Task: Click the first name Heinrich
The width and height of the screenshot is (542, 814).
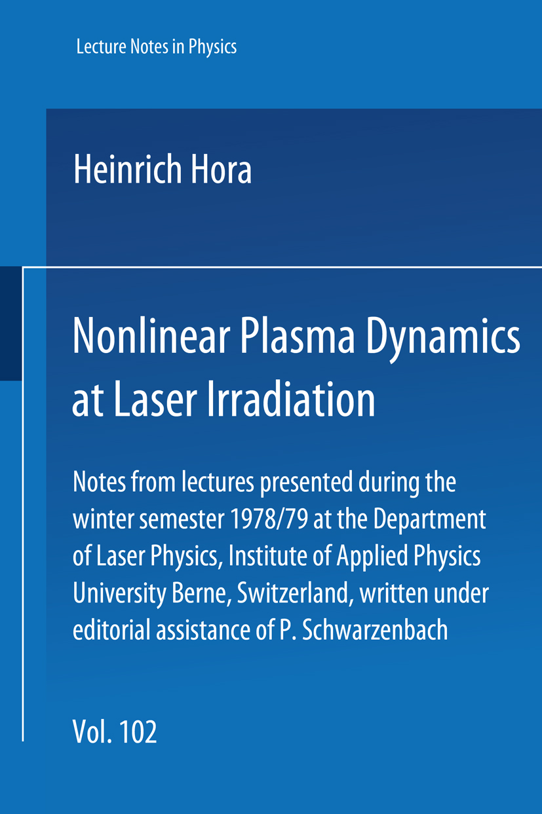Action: click(x=128, y=170)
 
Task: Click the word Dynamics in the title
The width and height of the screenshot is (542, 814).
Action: click(x=443, y=340)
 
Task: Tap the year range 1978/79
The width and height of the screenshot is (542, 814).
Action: click(x=269, y=520)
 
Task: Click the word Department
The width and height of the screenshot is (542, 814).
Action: click(x=429, y=521)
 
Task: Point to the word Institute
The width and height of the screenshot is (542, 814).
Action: click(x=268, y=557)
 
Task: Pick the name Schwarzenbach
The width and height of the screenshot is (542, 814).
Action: click(x=375, y=631)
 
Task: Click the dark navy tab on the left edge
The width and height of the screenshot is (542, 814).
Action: click(x=11, y=324)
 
